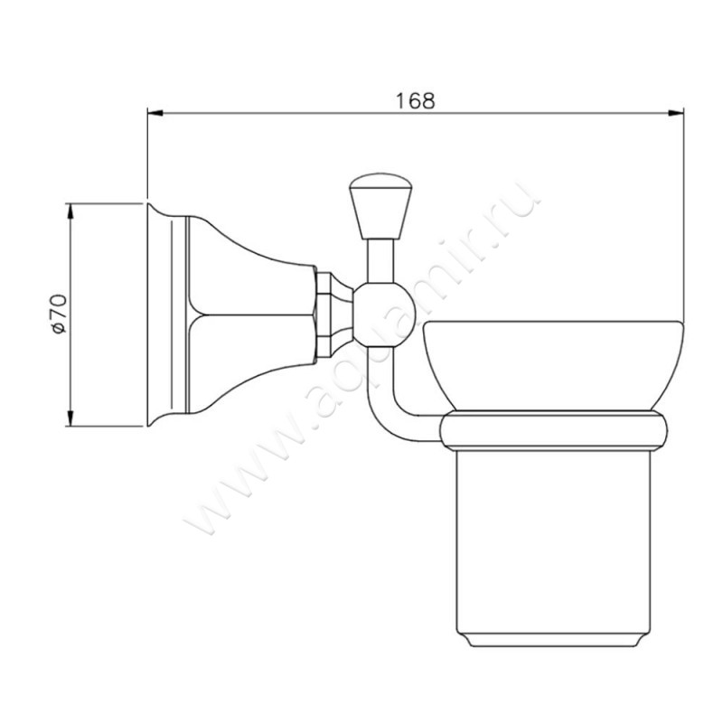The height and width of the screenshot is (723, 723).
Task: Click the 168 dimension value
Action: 416,100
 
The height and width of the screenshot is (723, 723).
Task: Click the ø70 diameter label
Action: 60,314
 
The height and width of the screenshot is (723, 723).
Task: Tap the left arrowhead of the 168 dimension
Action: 155,113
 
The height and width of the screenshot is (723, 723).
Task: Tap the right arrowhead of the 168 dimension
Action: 675,113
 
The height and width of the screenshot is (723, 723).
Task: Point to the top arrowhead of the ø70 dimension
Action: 70,211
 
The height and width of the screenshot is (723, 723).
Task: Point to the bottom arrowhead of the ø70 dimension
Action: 70,418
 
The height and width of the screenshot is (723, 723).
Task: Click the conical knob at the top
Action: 380,206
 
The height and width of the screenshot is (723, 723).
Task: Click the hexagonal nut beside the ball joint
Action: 324,315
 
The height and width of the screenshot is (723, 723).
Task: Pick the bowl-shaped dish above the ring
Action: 553,365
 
